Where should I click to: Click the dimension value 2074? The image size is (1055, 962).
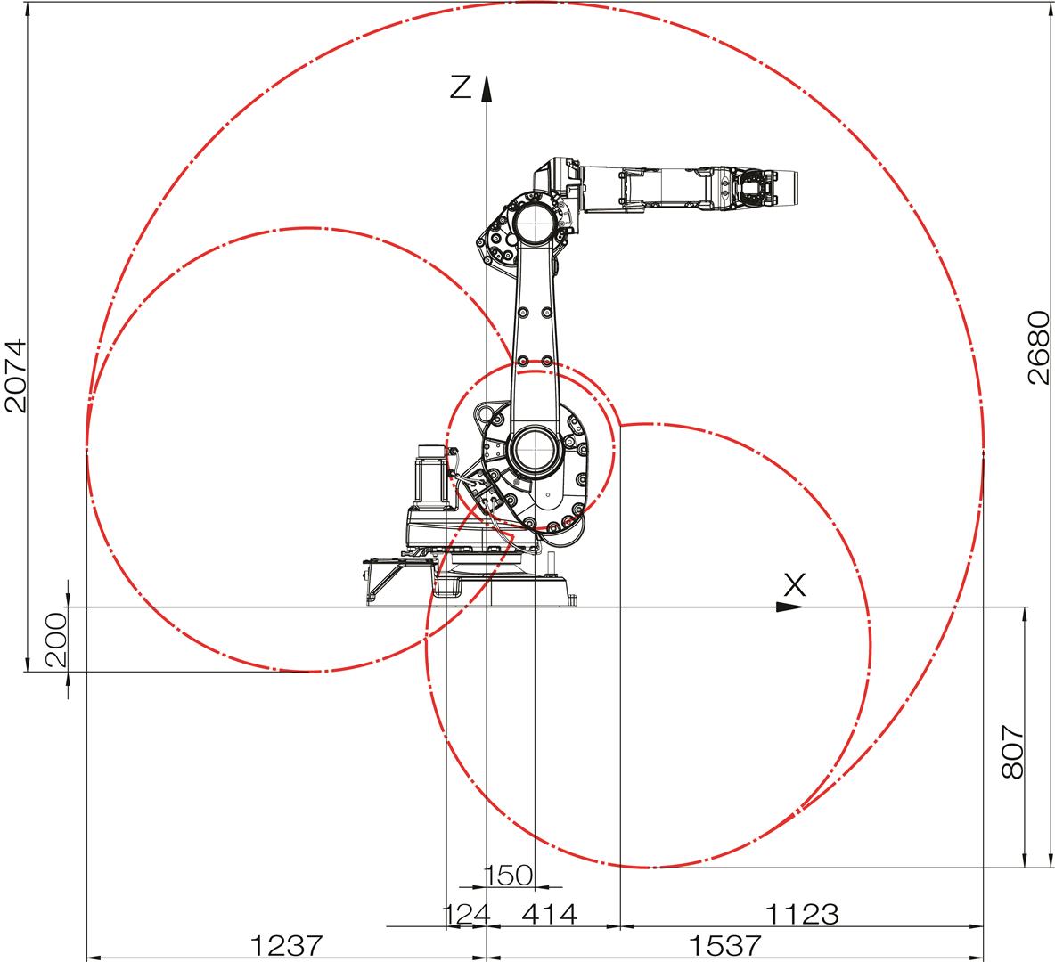(x=15, y=376)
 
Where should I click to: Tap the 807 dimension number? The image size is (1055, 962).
(x=1012, y=752)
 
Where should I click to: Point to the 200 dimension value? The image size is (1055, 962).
(x=56, y=639)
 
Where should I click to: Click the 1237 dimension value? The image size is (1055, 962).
(x=287, y=945)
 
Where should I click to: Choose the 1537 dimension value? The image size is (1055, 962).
(x=724, y=945)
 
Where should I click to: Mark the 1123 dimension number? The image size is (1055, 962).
(x=802, y=914)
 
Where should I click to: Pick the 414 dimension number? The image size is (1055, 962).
(x=550, y=914)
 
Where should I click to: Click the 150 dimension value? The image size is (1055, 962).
(x=509, y=876)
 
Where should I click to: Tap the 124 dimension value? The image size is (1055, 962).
(x=466, y=914)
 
